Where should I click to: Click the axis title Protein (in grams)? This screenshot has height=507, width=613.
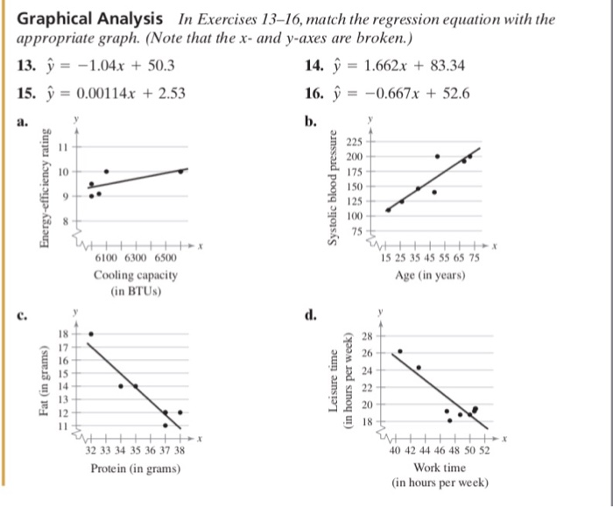(x=135, y=468)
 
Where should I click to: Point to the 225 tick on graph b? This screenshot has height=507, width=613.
(x=354, y=140)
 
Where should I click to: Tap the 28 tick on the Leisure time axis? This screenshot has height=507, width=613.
(x=368, y=336)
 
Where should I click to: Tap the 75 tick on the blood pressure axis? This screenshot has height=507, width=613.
(x=356, y=231)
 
